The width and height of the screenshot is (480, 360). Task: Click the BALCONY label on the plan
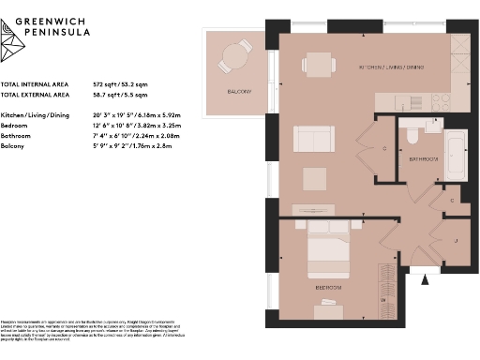coord(238,91)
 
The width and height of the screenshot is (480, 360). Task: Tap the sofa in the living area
coord(310,139)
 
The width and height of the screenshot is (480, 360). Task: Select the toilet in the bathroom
coord(412,138)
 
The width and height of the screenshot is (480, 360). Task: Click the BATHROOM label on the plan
coord(423,160)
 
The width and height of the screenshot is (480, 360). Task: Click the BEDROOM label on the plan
coord(327,278)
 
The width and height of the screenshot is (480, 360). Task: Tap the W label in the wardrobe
coord(382,299)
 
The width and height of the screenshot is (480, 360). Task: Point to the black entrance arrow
coord(427,277)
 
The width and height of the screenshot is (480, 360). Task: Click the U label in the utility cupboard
coord(457,240)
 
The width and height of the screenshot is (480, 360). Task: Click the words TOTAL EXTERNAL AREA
coord(35,95)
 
